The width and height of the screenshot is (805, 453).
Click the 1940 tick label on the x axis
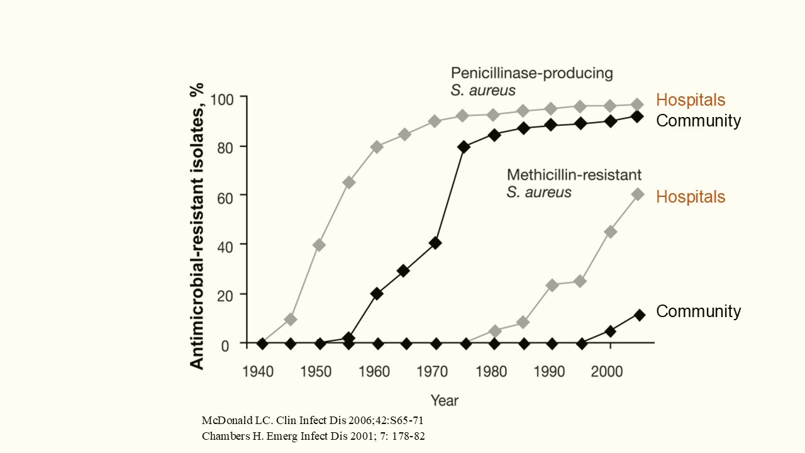point(258,372)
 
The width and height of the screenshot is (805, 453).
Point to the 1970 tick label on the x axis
point(433,372)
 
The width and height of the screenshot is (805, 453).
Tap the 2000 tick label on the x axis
point(608,372)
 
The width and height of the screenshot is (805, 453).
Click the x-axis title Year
point(445,400)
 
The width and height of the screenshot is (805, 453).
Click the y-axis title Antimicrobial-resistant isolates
point(197,225)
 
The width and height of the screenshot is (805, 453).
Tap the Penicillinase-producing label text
point(531,73)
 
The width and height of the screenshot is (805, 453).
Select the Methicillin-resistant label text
point(574,174)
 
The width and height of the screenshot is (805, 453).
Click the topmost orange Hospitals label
point(691,100)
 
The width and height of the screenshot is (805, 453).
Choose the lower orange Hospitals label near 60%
point(691,197)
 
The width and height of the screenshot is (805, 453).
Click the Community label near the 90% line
point(698,121)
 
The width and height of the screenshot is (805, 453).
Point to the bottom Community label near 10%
point(698,311)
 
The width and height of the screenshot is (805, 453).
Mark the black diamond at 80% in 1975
point(464,147)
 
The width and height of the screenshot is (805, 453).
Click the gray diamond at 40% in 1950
point(319,245)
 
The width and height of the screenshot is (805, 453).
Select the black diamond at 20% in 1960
point(377,293)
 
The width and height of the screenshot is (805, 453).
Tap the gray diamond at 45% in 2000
point(610,232)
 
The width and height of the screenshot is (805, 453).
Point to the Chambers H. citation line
point(313,436)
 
